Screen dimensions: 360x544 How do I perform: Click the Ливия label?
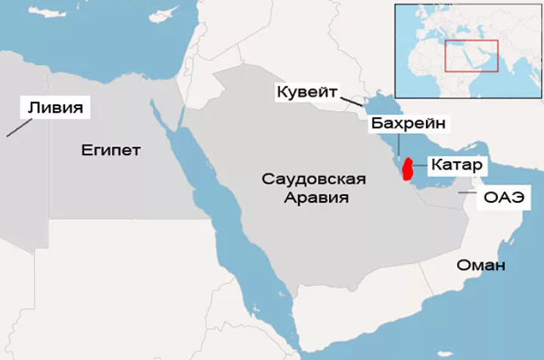pos(54,106)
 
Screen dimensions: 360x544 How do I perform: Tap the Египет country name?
pos(110,150)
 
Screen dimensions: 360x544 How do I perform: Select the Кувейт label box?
pos(307,91)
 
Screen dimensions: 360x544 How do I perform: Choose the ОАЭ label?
pos(499,198)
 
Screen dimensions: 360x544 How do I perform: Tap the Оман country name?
pos(480,265)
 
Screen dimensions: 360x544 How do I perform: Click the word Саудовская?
pos(314,180)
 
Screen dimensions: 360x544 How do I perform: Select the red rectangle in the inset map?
pos(471,55)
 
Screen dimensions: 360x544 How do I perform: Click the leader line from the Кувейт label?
pos(353,100)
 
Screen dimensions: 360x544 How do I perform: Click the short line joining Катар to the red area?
pos(418,165)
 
